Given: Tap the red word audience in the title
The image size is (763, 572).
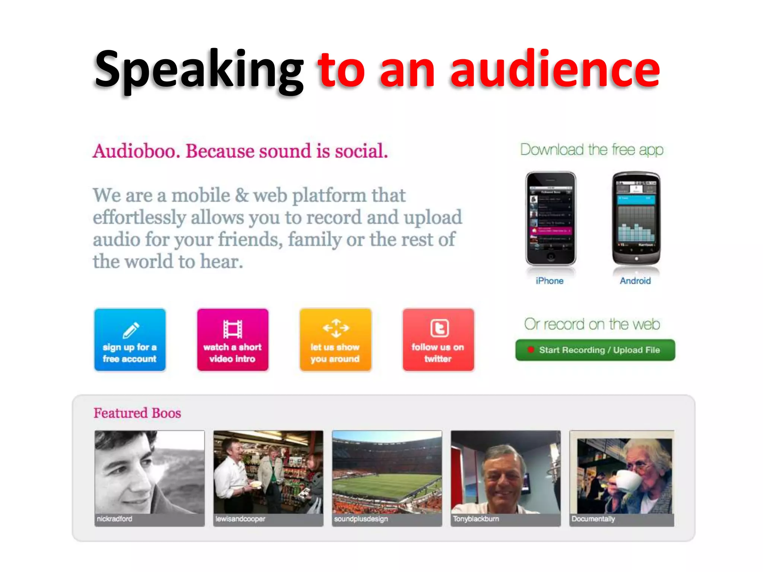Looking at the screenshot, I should tap(555, 70).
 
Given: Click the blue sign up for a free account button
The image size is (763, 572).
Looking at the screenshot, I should tap(130, 340).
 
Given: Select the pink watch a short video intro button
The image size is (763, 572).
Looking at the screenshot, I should tap(232, 340).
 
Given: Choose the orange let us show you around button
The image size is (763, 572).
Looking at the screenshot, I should tap(335, 340).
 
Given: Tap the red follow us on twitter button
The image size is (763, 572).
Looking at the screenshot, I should tap(438, 340).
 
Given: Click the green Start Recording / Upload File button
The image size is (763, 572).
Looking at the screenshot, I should tap(595, 350).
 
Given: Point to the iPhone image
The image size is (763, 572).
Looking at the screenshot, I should tap(551, 218).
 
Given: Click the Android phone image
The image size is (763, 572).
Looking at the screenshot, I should tap(636, 218).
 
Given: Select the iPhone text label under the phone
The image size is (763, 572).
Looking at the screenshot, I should tap(550, 281).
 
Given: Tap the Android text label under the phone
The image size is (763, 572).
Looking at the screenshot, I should tap(635, 281).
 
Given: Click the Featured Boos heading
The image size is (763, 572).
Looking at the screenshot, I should tap(137, 413).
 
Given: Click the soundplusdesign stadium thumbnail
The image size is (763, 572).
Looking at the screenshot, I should tap(387, 473).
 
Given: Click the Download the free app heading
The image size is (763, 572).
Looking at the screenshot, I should tap(592, 150).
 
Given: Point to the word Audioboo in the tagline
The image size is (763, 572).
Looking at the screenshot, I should tap(136, 151).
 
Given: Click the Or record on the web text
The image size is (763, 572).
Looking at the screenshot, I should tap(592, 324).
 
